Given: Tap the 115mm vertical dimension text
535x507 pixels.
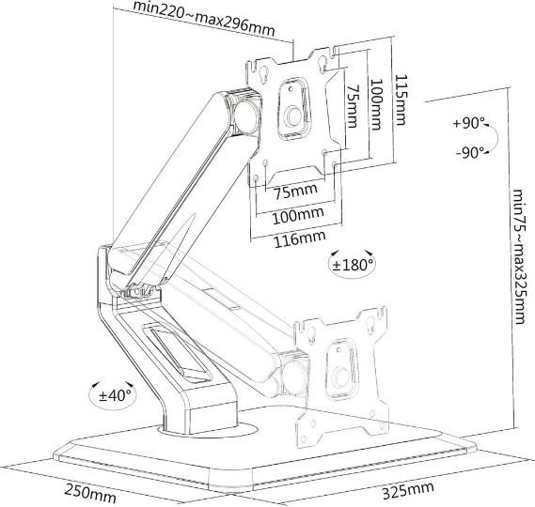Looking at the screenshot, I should (x=401, y=101).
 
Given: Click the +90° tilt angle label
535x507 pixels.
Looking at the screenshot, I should (x=470, y=123).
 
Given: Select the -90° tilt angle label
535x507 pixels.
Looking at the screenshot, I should (x=470, y=151).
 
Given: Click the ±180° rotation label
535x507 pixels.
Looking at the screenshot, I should (x=353, y=264).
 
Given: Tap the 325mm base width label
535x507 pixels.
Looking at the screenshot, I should (x=408, y=490).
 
